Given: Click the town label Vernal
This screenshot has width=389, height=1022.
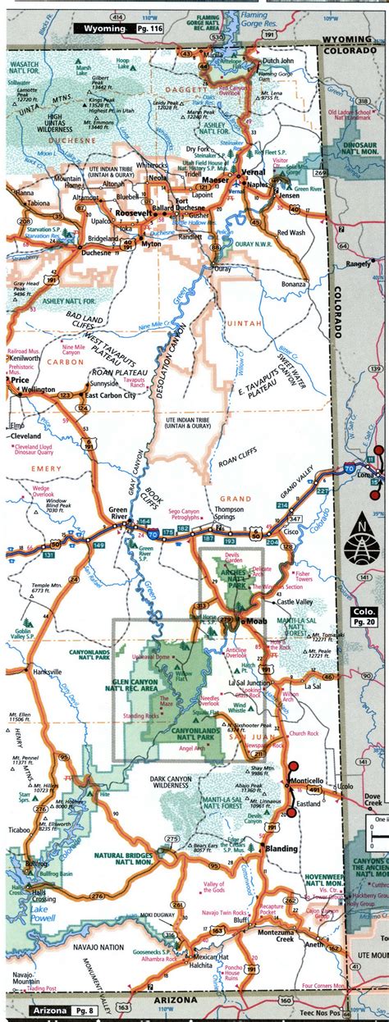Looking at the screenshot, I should pyautogui.click(x=254, y=171).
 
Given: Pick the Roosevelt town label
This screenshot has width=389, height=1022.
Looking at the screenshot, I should pyautogui.click(x=131, y=212).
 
